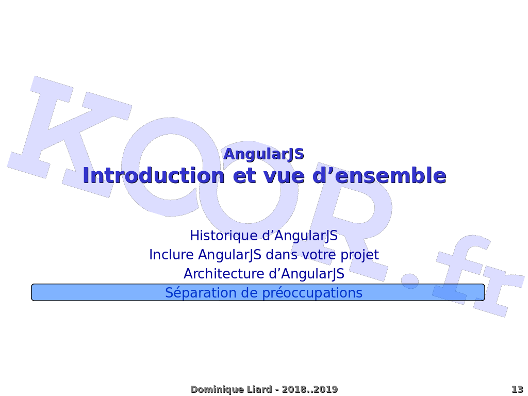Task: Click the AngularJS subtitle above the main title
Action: point(263,154)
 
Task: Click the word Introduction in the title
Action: point(153,176)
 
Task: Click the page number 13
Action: point(517,389)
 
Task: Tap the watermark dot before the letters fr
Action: point(410,281)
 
